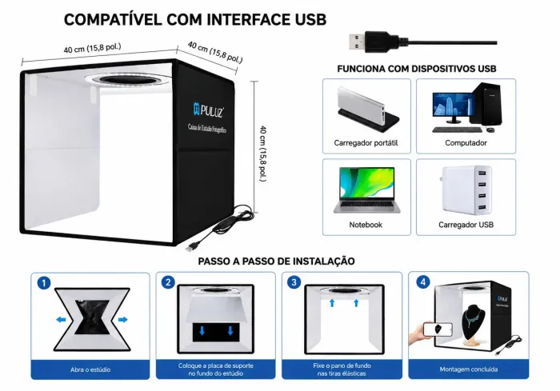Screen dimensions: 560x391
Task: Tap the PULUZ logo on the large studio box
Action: (x=209, y=110)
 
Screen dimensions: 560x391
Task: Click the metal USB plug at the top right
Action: (x=357, y=42)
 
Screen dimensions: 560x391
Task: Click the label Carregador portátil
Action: (x=366, y=143)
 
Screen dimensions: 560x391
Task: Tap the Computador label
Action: (x=466, y=143)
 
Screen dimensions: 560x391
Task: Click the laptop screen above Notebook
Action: (x=366, y=183)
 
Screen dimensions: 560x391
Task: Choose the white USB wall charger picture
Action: (x=466, y=190)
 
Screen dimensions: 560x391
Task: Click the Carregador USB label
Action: (x=466, y=225)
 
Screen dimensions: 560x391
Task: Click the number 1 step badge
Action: (x=44, y=283)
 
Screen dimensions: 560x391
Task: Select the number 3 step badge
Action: (x=294, y=282)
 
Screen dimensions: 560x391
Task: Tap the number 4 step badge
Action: (x=423, y=282)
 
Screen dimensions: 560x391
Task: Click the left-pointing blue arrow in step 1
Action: (x=61, y=320)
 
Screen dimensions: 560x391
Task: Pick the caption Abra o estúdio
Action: (x=90, y=369)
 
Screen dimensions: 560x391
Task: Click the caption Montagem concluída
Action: (x=469, y=369)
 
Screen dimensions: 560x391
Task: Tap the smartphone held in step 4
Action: (x=438, y=329)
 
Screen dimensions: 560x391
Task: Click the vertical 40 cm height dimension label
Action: (x=263, y=154)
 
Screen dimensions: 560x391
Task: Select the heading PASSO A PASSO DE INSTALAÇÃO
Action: (x=277, y=261)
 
